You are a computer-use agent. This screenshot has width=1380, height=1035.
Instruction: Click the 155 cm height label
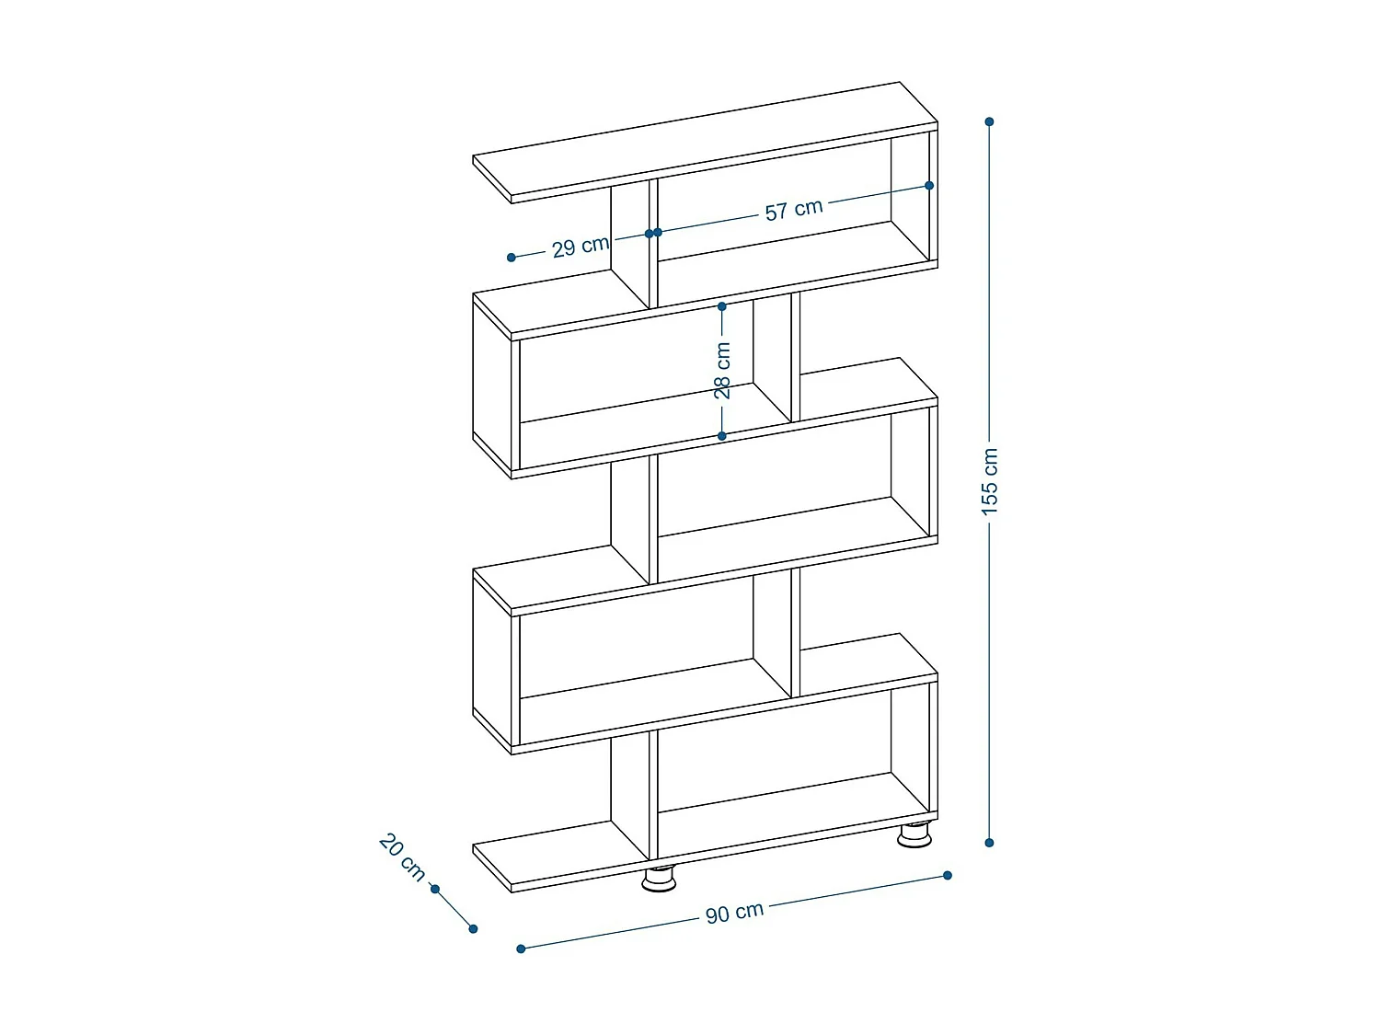[x=990, y=480]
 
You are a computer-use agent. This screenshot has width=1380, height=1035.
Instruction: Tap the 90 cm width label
[x=734, y=913]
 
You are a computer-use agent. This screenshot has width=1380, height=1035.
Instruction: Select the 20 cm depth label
[x=402, y=857]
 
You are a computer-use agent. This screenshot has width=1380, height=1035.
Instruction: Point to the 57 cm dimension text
[x=793, y=210]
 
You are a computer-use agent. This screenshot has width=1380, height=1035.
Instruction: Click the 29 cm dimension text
[x=581, y=247]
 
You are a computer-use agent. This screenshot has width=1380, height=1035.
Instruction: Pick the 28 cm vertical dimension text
[x=723, y=370]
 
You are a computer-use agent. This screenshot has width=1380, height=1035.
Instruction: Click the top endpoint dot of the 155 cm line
[x=989, y=121]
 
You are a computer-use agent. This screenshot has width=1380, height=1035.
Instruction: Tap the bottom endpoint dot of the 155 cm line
[x=989, y=843]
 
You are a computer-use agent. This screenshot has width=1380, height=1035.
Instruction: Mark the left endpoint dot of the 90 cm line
[x=521, y=949]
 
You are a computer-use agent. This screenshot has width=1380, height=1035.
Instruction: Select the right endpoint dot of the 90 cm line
[x=948, y=875]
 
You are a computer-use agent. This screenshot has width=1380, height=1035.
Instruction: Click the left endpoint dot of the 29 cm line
[x=512, y=258]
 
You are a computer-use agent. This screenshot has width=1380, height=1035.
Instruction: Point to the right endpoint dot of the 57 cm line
[x=929, y=186]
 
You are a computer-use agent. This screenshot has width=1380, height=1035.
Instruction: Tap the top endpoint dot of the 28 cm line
[x=722, y=306]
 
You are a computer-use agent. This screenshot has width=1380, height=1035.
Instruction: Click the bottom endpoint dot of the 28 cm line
[x=722, y=436]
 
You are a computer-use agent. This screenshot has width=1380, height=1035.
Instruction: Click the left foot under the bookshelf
[x=659, y=880]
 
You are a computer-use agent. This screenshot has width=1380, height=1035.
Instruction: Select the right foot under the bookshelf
[x=914, y=834]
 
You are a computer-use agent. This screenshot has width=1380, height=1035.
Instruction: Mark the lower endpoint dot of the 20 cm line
[x=473, y=928]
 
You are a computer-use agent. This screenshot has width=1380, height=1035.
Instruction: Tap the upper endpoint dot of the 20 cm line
[x=435, y=889]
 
